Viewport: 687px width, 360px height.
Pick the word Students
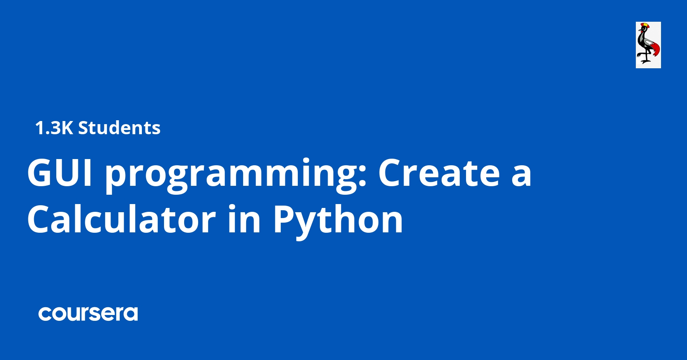click(119, 128)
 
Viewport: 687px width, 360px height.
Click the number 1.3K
click(54, 128)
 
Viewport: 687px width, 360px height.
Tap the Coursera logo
click(88, 314)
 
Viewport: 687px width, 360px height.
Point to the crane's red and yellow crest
click(644, 25)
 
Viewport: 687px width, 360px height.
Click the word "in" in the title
click(244, 220)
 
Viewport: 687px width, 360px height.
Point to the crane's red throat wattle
click(642, 31)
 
